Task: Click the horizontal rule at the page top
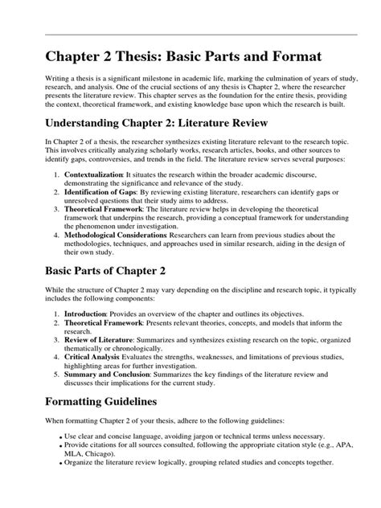(x=190, y=35)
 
